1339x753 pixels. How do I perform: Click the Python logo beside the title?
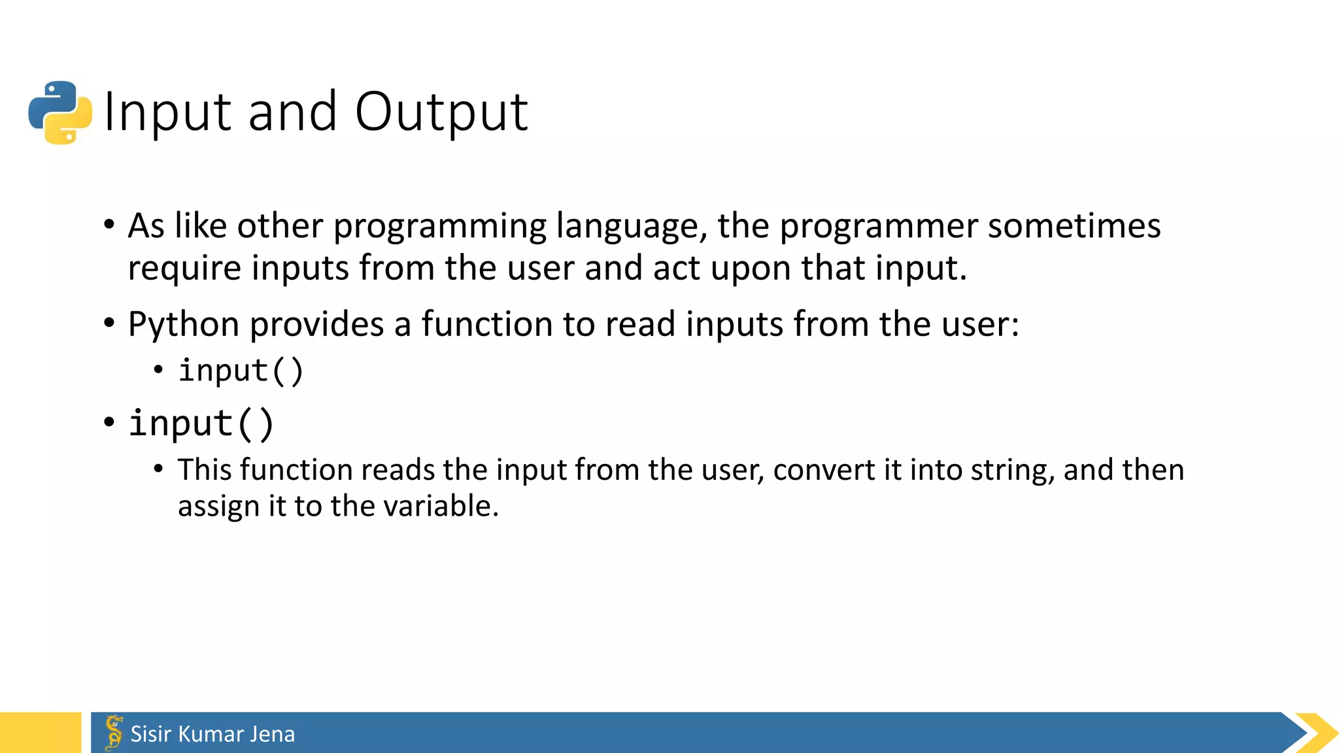[60, 112]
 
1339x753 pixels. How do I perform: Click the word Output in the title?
[441, 112]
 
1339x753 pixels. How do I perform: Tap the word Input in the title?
[168, 112]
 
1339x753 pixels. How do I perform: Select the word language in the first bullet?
[632, 226]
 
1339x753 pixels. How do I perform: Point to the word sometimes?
[1074, 226]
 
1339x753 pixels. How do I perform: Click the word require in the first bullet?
[184, 269]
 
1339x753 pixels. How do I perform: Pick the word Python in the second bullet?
[184, 325]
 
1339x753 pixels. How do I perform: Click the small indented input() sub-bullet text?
[241, 371]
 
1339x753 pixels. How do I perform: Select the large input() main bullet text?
[201, 423]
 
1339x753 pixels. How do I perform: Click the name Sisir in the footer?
[151, 734]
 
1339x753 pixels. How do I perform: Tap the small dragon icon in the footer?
[114, 732]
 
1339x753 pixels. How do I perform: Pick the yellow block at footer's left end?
[41, 733]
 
